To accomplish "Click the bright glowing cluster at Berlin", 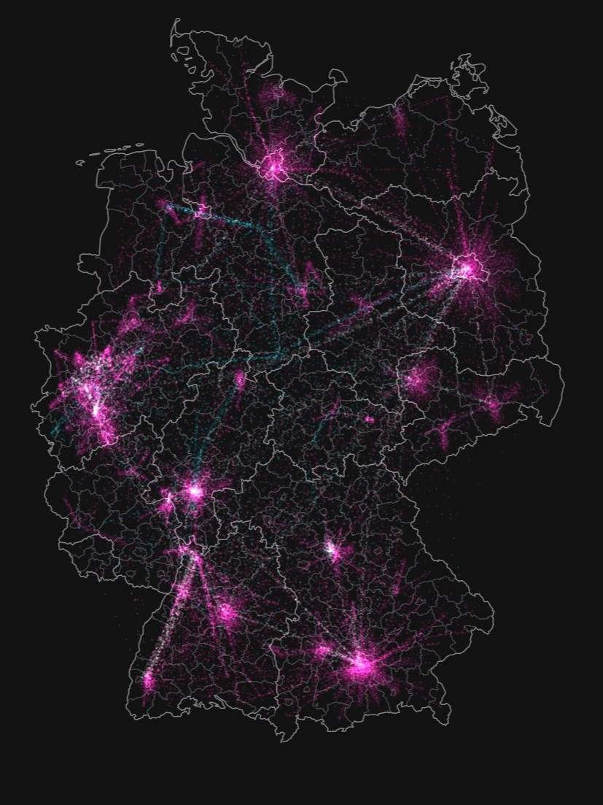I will click(x=467, y=269).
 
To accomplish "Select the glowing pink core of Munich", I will click(x=361, y=665).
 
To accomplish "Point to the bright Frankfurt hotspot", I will click(x=195, y=491).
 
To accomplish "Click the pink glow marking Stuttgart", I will click(x=226, y=612).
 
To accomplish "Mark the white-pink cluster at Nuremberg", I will click(x=332, y=548).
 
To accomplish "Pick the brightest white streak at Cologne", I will click(x=96, y=405).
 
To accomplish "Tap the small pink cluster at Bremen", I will click(x=201, y=212).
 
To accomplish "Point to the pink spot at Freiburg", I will click(x=149, y=681).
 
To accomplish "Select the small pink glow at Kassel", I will click(x=240, y=379).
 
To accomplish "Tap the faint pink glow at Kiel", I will click(x=276, y=93).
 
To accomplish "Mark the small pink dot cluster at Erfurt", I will click(x=368, y=420).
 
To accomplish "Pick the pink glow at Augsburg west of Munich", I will click(x=322, y=650).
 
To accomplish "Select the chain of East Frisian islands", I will click(x=117, y=150).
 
